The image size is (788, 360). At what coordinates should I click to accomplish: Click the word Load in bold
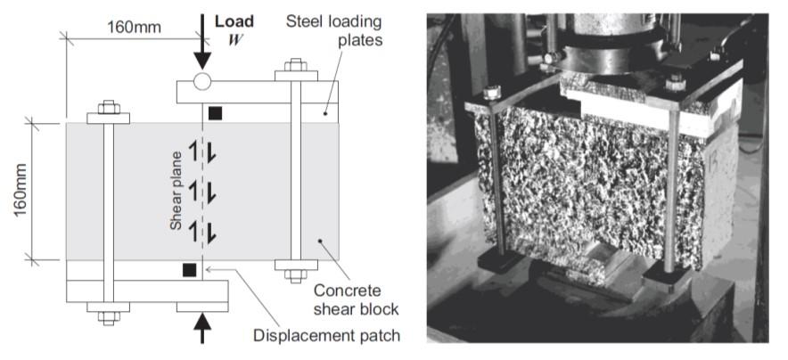234,20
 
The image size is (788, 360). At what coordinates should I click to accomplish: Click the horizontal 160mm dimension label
135,27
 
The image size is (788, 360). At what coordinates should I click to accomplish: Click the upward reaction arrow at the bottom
202,329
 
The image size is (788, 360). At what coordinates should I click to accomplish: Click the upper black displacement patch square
215,113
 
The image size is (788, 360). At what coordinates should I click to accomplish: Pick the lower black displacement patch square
188,269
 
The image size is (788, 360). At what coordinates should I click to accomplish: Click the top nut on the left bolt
108,109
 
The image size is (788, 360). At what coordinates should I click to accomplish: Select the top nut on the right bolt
295,66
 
